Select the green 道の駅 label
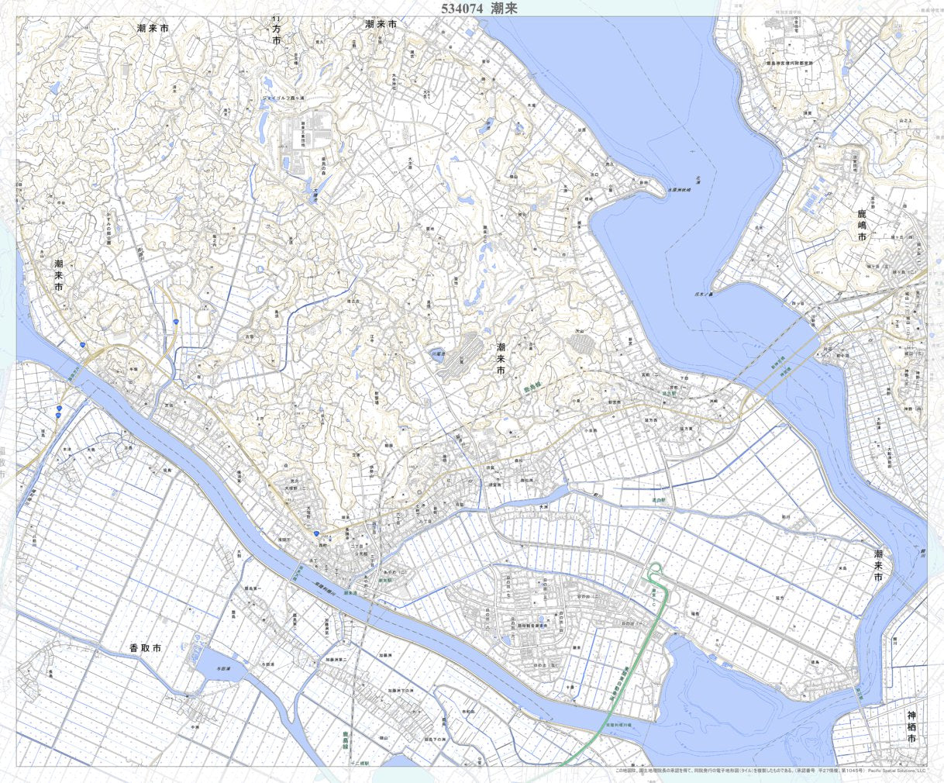tap(659, 502)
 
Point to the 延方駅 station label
tap(665, 393)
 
